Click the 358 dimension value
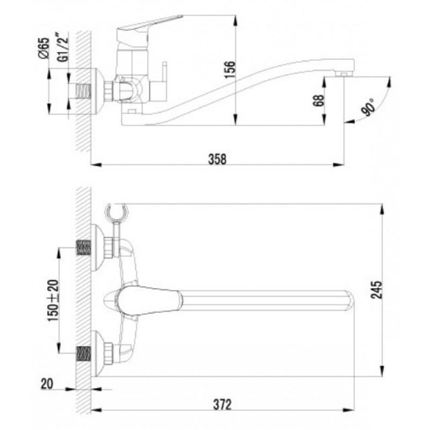pyautogui.click(x=218, y=159)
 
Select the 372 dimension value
pyautogui.click(x=223, y=405)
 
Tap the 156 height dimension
pyautogui.click(x=230, y=70)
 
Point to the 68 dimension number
pyautogui.click(x=318, y=101)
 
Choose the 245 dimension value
pyautogui.click(x=376, y=290)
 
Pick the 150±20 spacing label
pyautogui.click(x=53, y=300)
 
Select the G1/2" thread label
pyautogui.click(x=62, y=47)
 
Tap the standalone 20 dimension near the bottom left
pyautogui.click(x=47, y=384)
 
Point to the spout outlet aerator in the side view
pyautogui.click(x=343, y=74)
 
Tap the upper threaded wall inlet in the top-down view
pyautogui.click(x=84, y=248)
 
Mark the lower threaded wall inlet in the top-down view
pyautogui.click(x=84, y=353)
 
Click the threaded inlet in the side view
pyautogui.click(x=84, y=91)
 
